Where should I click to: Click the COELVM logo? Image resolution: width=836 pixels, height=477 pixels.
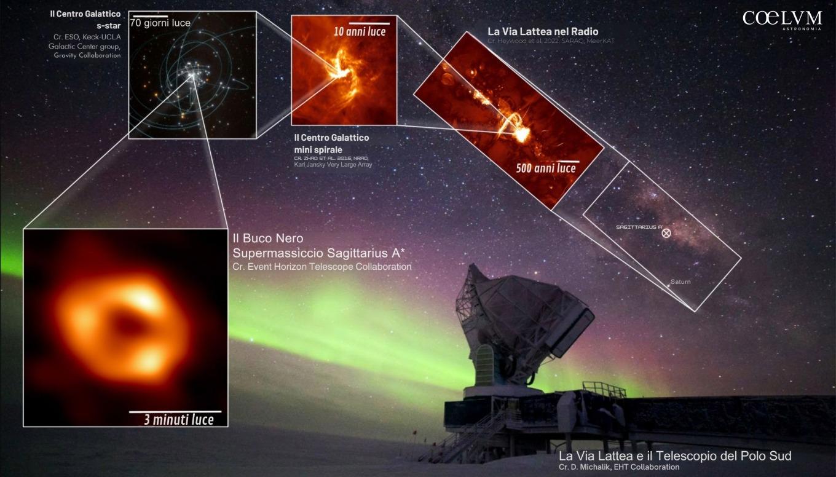[x=782, y=19]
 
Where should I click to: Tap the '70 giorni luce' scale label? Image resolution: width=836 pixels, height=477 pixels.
[x=160, y=23]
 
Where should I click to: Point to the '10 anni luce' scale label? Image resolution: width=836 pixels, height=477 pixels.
[x=360, y=31]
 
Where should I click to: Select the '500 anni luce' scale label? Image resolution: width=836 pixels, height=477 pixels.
[x=546, y=168]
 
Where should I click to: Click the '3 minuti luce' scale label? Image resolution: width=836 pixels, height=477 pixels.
[x=179, y=420]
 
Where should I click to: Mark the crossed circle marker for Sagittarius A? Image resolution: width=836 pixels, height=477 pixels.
[x=666, y=233]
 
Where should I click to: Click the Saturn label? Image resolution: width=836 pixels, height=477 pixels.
[x=680, y=282]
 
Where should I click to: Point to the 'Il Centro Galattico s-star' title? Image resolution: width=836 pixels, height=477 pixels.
[x=85, y=19]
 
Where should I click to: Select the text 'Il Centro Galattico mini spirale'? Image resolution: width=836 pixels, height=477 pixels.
[x=331, y=143]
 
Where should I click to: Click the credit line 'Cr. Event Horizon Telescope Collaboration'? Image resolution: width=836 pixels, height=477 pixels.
[x=322, y=267]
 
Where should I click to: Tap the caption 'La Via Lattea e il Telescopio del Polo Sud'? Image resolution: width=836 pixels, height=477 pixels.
[x=674, y=456]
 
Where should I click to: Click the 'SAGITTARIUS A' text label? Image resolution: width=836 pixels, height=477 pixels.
[x=639, y=227]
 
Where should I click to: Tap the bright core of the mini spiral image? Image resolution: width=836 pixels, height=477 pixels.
[x=337, y=72]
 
